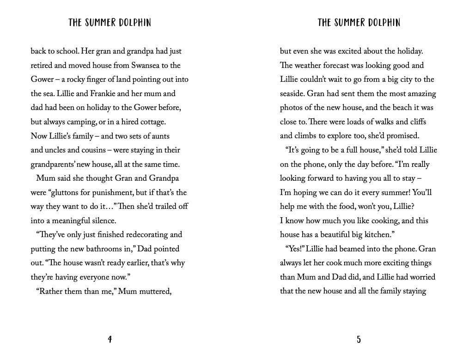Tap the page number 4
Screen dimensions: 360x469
click(110, 340)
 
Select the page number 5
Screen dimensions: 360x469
click(359, 340)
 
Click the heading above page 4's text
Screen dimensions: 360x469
click(110, 23)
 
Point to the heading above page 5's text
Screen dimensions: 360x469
click(359, 23)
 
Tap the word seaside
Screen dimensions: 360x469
click(292, 94)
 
